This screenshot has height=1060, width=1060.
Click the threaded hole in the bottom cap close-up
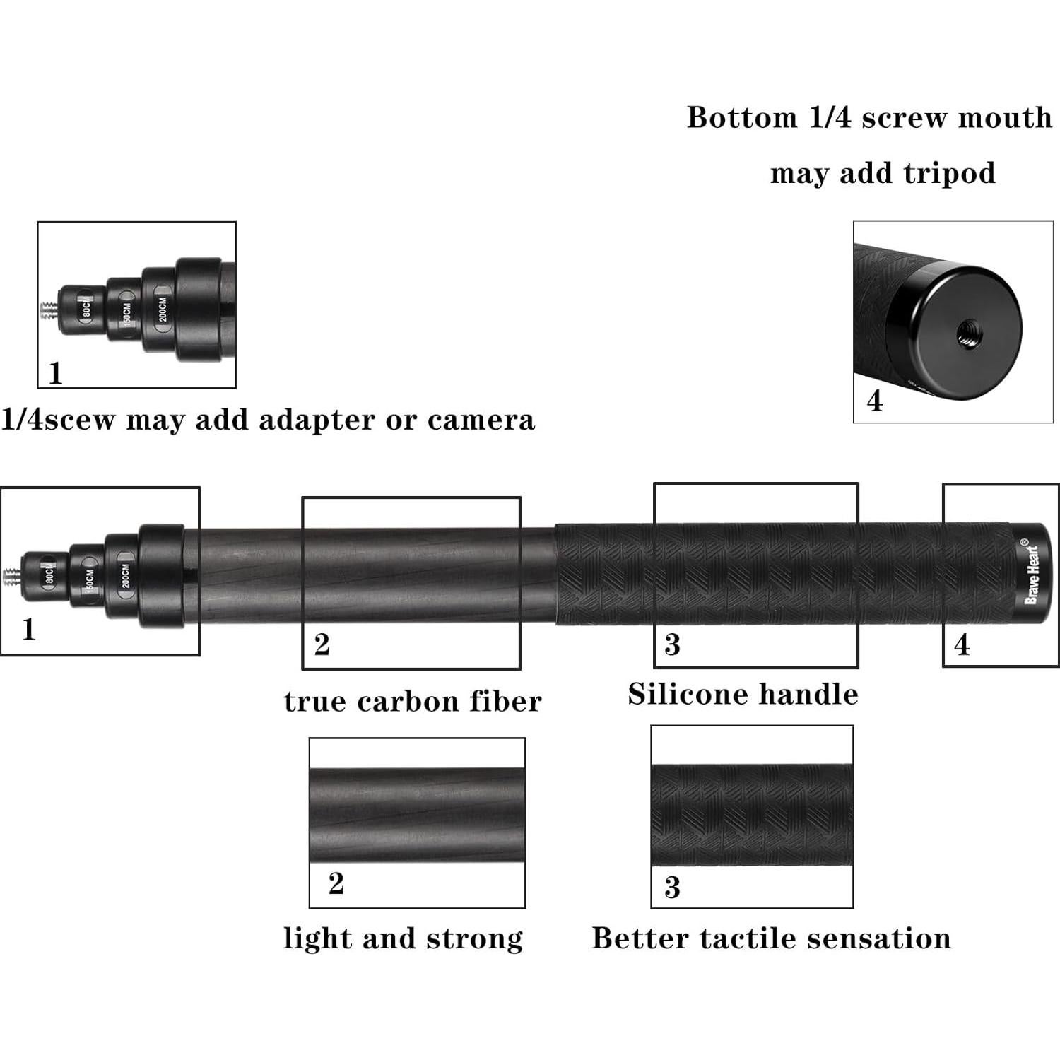point(965,331)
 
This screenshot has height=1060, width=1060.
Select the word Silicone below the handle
point(678,694)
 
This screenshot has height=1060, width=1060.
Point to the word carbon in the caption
point(408,702)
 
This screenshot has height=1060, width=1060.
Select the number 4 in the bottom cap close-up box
point(875,401)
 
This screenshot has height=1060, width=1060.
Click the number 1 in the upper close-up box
point(55,373)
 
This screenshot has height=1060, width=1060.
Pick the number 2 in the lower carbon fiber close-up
point(336,883)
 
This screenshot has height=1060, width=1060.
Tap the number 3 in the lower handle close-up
point(672,888)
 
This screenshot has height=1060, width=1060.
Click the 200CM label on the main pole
point(126,576)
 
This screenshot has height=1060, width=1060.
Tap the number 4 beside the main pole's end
point(962,645)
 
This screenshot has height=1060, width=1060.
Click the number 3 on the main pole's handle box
point(672,644)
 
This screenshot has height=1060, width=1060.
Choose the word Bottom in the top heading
point(741,118)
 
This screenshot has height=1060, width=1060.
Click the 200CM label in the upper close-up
point(163,310)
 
